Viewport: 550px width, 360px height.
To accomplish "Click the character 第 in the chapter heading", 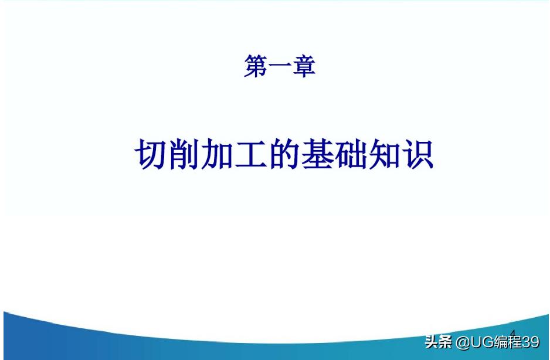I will [x=255, y=66].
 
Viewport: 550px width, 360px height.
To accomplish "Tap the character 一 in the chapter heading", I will [x=280, y=66].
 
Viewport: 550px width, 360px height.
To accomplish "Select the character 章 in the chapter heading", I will [x=304, y=66].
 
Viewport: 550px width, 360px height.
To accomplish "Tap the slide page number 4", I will [x=512, y=334].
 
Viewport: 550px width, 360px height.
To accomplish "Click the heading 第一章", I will [x=280, y=66].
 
